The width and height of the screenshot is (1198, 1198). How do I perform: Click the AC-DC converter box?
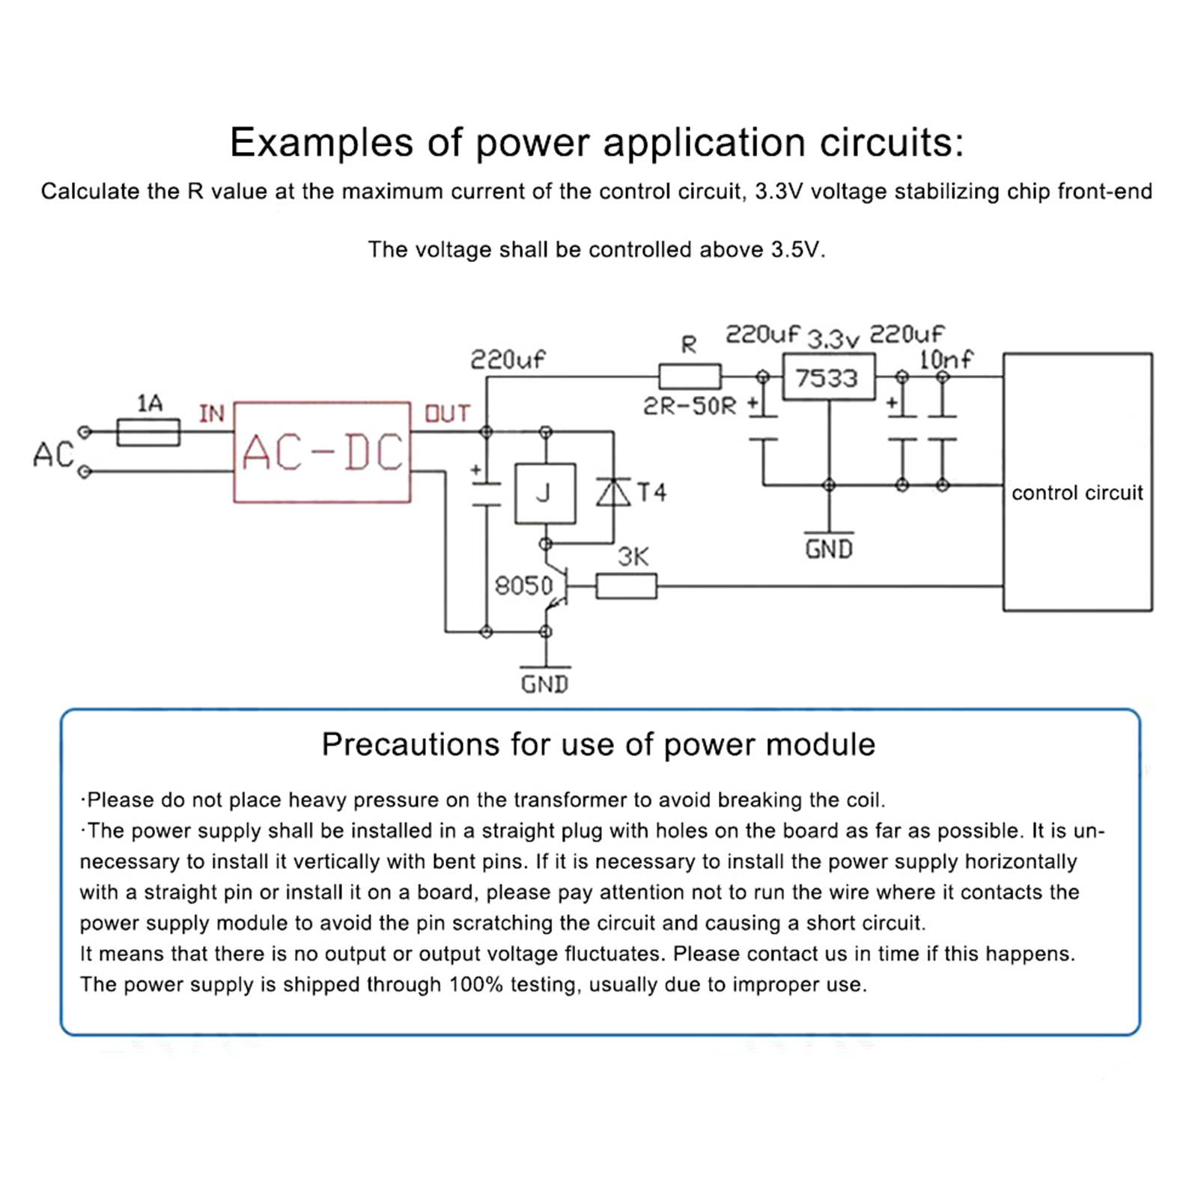pyautogui.click(x=322, y=452)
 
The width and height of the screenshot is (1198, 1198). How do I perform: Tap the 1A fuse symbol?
pyautogui.click(x=148, y=433)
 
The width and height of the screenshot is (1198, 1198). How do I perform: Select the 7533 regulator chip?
pyautogui.click(x=828, y=377)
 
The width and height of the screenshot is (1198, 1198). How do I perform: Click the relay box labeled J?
pyautogui.click(x=545, y=493)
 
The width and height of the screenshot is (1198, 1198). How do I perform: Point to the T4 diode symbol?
pyautogui.click(x=613, y=492)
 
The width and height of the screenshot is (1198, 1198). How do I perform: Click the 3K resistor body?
pyautogui.click(x=626, y=586)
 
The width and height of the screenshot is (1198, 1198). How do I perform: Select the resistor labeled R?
pyautogui.click(x=690, y=377)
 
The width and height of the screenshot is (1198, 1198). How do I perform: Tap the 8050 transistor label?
pyautogui.click(x=523, y=586)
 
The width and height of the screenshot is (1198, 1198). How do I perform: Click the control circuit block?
pyautogui.click(x=1077, y=483)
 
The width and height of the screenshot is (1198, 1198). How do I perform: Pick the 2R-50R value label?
pyautogui.click(x=690, y=407)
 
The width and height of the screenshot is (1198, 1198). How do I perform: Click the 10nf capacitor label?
pyautogui.click(x=946, y=360)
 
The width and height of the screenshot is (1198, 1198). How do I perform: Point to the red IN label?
pyautogui.click(x=212, y=413)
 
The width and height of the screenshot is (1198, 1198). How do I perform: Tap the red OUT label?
pyautogui.click(x=447, y=414)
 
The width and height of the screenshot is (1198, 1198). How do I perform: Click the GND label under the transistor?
pyautogui.click(x=545, y=684)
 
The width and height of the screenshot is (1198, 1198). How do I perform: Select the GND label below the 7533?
pyautogui.click(x=829, y=550)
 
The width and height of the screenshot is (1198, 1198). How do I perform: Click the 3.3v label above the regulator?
pyautogui.click(x=833, y=340)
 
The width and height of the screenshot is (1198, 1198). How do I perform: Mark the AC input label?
pyautogui.click(x=53, y=454)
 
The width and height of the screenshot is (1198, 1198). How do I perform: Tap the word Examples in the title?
pyautogui.click(x=321, y=142)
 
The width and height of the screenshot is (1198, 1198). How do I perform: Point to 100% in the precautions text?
pyautogui.click(x=475, y=985)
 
